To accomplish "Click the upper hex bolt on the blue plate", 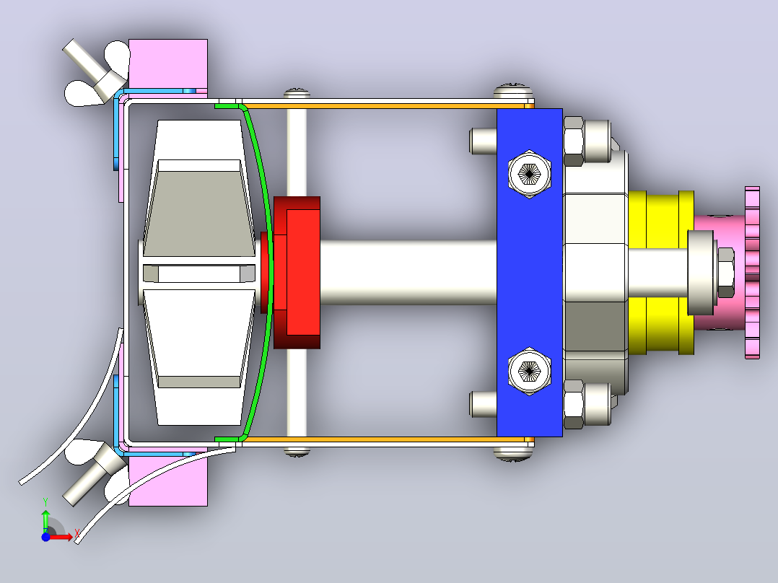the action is [x=530, y=174].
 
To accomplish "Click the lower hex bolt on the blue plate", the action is [x=530, y=371].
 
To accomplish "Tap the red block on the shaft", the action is [x=297, y=273].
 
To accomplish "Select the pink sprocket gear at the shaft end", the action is [x=752, y=273].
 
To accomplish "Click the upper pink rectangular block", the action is [x=167, y=63].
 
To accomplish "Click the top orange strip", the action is [x=382, y=105].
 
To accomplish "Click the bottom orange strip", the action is [x=382, y=439].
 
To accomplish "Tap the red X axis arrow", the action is [x=62, y=537].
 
